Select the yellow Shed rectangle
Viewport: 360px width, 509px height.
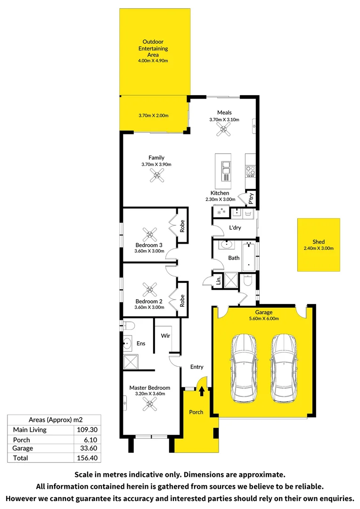pos(319,245)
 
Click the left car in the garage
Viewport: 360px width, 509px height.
pos(244,369)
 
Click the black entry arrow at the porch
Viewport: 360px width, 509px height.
pos(202,391)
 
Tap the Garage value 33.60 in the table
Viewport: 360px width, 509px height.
pos(89,448)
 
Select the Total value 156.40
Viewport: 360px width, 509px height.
pos(87,458)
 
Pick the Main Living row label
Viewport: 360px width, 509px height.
pos(30,430)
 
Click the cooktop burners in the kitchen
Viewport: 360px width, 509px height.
pos(250,171)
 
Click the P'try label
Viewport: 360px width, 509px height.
pos(251,198)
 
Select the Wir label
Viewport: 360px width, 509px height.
pos(165,336)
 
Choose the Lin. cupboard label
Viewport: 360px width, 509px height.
pos(219,280)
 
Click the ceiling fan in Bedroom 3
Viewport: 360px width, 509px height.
pos(149,234)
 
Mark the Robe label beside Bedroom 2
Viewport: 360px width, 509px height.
pos(182,301)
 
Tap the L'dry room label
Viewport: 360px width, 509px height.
pos(235,228)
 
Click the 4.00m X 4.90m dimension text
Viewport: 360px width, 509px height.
pos(153,61)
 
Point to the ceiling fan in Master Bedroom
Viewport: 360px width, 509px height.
pos(150,404)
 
